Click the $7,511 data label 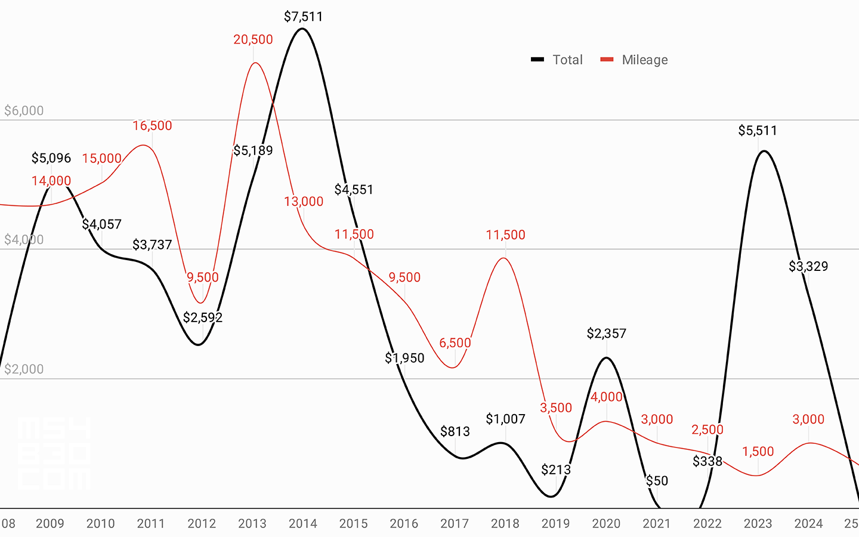point(303,17)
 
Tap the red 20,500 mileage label point(253,39)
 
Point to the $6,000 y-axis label point(24,110)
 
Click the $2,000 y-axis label point(24,369)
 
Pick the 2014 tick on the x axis point(303,523)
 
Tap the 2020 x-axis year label point(606,523)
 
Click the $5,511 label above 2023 point(758,131)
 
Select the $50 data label point(657,481)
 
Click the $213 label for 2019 point(556,470)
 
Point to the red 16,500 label point(152,126)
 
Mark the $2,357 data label point(606,334)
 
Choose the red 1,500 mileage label point(758,452)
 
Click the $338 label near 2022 point(707,461)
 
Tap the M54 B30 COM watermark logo point(54,453)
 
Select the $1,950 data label point(404,358)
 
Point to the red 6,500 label point(455,343)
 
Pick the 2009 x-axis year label point(50,523)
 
